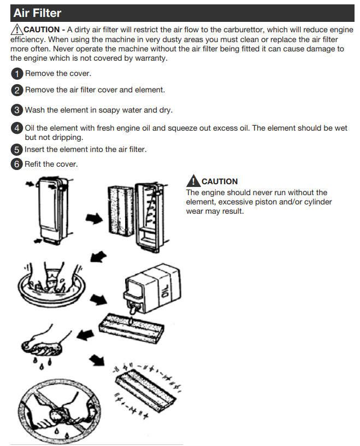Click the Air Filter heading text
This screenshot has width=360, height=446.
tap(37, 13)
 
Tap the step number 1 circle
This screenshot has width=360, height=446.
tap(17, 74)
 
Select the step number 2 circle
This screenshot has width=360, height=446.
tap(17, 90)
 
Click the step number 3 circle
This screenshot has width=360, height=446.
tap(17, 110)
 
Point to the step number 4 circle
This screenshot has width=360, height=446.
tap(17, 128)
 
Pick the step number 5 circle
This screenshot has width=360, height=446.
tap(17, 150)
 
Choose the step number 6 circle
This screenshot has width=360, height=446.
tap(17, 164)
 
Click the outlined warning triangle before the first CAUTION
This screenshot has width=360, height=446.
tap(17, 30)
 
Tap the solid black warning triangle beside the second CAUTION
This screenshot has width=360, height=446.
tap(193, 180)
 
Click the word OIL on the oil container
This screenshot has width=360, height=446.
tap(166, 290)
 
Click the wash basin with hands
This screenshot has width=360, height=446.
tap(52, 284)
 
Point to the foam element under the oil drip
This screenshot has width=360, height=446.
tap(131, 328)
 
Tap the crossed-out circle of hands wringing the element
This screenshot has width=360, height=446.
tap(59, 410)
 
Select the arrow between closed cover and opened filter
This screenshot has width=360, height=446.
tap(94, 219)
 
